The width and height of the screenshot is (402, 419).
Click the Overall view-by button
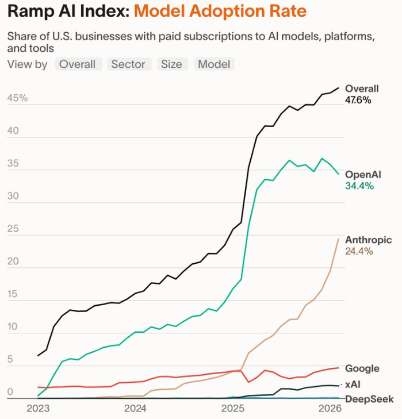(78, 64)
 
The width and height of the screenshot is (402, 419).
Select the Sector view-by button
(129, 64)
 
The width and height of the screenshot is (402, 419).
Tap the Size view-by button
(171, 64)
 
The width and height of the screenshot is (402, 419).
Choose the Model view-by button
(214, 64)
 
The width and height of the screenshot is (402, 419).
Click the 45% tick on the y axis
(17, 98)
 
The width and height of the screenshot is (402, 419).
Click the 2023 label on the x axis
(38, 409)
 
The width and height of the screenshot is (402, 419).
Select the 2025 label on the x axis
(233, 409)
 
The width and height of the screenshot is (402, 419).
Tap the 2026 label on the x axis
(331, 409)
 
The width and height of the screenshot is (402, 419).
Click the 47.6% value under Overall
(358, 100)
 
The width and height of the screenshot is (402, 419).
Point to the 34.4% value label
(359, 186)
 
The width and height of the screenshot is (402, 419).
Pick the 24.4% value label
(359, 251)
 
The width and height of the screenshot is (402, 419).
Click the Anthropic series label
(368, 240)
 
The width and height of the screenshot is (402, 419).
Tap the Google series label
(362, 368)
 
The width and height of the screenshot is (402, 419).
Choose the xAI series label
(353, 383)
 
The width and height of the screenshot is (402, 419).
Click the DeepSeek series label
(369, 398)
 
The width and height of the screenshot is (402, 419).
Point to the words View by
(28, 64)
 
